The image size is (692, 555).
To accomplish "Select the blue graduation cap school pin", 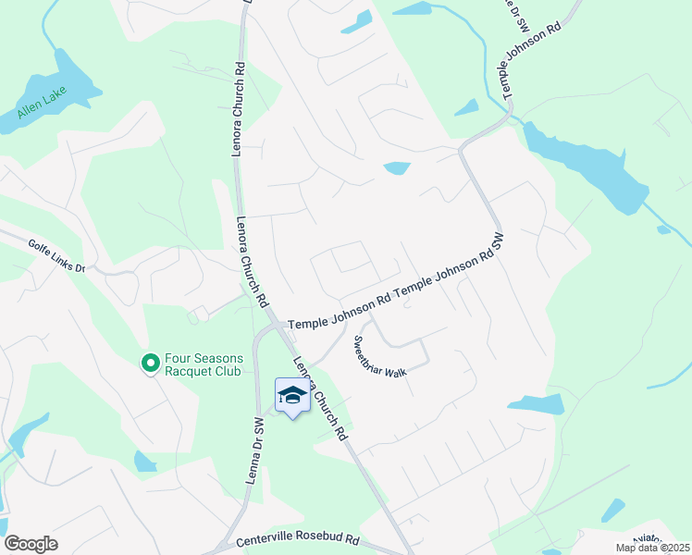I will click(x=292, y=396).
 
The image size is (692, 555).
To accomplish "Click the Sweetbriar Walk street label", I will click(x=378, y=356).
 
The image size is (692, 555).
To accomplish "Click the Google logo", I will click(x=31, y=544).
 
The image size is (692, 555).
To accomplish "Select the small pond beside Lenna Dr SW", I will click(x=146, y=461).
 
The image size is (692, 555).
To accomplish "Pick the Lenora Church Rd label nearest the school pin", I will click(x=319, y=398).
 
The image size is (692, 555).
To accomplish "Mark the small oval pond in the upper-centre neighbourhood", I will click(x=397, y=168).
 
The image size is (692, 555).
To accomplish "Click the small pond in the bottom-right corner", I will click(x=612, y=510).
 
